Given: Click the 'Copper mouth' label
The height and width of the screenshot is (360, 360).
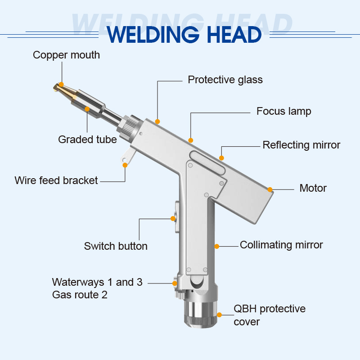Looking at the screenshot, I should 66,55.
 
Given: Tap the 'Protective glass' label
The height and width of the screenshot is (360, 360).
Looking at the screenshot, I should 225,80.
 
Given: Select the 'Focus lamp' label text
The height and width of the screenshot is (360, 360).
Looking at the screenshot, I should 283,111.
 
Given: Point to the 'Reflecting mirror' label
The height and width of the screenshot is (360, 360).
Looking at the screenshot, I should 301,145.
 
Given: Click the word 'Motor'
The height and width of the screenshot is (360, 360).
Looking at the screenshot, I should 313,188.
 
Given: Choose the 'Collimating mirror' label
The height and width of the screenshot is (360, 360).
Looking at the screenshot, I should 281,245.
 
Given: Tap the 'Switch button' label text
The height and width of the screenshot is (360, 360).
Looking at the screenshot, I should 116,246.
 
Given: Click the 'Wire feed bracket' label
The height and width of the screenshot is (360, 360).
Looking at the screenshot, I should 56,180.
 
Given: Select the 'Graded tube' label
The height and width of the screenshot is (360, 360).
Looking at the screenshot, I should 87,139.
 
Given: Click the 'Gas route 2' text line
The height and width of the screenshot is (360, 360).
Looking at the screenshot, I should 80,295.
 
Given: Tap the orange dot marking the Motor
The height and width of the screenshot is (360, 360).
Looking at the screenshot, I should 270,189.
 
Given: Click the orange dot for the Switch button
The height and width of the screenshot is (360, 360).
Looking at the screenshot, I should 173,219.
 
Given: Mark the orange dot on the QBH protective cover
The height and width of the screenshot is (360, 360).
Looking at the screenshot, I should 219,315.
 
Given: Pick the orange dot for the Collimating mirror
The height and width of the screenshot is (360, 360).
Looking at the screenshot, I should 216,246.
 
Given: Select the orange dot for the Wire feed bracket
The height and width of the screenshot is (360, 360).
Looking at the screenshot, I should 125,165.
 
